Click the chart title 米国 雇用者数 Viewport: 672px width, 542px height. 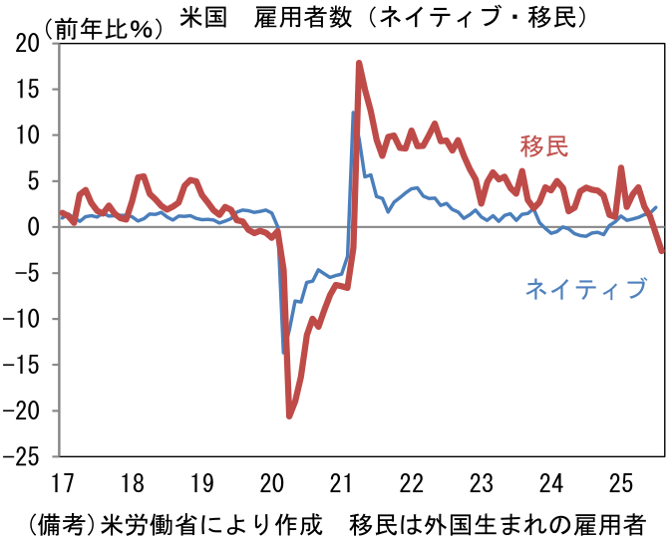coord(266,18)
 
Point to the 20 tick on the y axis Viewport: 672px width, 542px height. coord(27,44)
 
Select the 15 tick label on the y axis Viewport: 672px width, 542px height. coord(28,90)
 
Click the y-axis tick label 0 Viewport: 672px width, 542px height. coord(33,227)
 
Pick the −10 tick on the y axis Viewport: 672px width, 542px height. coord(21,319)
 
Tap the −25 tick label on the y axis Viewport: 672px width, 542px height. coord(21,456)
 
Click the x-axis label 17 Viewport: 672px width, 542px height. coord(63,483)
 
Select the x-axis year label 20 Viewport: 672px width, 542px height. coord(272,483)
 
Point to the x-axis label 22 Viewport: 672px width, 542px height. coord(412,483)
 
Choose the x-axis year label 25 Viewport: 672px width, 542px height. coord(621,483)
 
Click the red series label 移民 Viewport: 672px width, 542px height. coord(544,146)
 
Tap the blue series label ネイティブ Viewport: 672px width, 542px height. coord(586,288)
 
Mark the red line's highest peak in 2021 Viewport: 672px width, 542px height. coord(359,64)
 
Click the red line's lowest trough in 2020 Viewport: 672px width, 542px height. coord(289,416)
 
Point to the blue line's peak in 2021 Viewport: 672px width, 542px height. coord(353,113)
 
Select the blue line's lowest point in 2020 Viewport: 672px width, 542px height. coord(283,353)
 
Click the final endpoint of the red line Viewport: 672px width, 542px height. coord(662,251)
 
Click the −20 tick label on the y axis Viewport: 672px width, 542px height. coord(21,410)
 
